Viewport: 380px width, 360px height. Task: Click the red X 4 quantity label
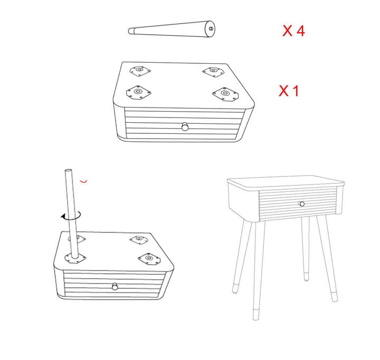coord(293,31)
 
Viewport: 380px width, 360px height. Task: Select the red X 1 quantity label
coord(289,91)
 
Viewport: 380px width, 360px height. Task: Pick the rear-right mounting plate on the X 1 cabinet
coord(212,71)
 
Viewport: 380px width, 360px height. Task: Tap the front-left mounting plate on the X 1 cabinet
coord(139,93)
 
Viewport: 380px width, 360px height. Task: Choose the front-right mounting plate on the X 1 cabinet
coord(225,94)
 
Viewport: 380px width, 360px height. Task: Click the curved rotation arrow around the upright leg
coord(70,215)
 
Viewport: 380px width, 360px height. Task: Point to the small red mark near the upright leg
coord(83,181)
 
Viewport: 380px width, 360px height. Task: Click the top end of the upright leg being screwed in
coord(68,172)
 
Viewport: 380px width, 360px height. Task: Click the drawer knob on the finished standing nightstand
coord(302,204)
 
